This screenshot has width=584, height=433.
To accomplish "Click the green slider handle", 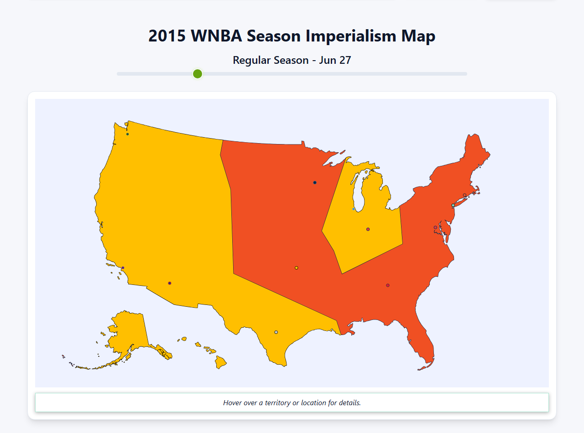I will tap(198, 74).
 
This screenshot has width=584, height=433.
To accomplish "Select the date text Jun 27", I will tap(335, 60).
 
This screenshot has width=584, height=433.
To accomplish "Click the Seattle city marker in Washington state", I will tap(127, 134).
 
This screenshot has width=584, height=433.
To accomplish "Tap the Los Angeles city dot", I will tap(123, 268).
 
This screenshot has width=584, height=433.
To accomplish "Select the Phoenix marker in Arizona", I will tap(170, 283).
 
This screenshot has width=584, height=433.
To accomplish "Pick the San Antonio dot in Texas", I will tap(276, 332).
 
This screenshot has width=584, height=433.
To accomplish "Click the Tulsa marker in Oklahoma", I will tap(297, 268).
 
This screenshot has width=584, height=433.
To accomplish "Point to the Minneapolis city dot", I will tap(315, 183).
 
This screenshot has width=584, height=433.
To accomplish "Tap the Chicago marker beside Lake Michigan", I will tap(354, 209).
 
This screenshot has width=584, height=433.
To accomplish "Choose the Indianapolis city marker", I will tap(368, 229).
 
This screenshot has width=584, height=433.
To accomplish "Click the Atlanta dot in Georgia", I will tap(388, 285).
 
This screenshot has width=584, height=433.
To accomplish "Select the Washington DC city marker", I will tap(435, 227).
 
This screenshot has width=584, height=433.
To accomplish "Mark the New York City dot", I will tap(453, 206).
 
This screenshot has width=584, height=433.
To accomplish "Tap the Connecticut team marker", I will tap(464, 195).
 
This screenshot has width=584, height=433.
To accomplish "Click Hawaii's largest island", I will tap(221, 362).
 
